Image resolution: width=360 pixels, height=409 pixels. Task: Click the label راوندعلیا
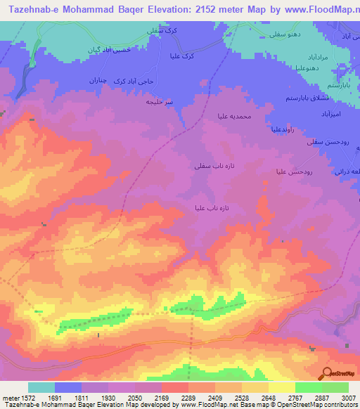(x=287, y=129)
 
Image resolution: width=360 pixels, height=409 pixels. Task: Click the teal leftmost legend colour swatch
(x=41, y=387)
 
